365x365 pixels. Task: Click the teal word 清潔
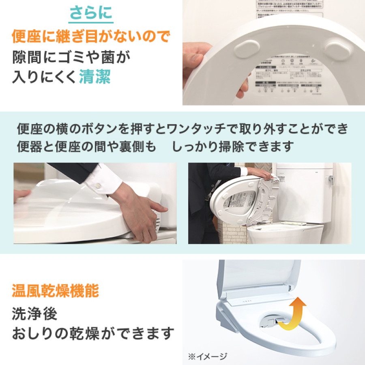click(95, 77)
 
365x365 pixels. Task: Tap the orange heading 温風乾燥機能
click(55, 291)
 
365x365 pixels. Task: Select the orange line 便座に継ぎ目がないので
click(91, 37)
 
